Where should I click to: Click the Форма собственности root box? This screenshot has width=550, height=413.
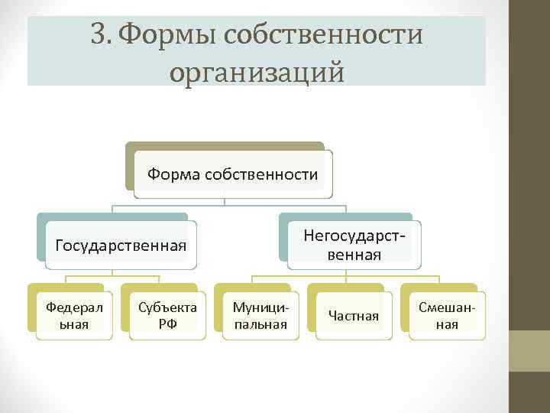coord(232,174)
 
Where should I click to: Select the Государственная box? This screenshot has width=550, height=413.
coord(121,246)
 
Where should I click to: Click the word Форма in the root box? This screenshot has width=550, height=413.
coord(173,174)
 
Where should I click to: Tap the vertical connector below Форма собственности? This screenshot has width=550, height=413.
coord(225,202)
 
